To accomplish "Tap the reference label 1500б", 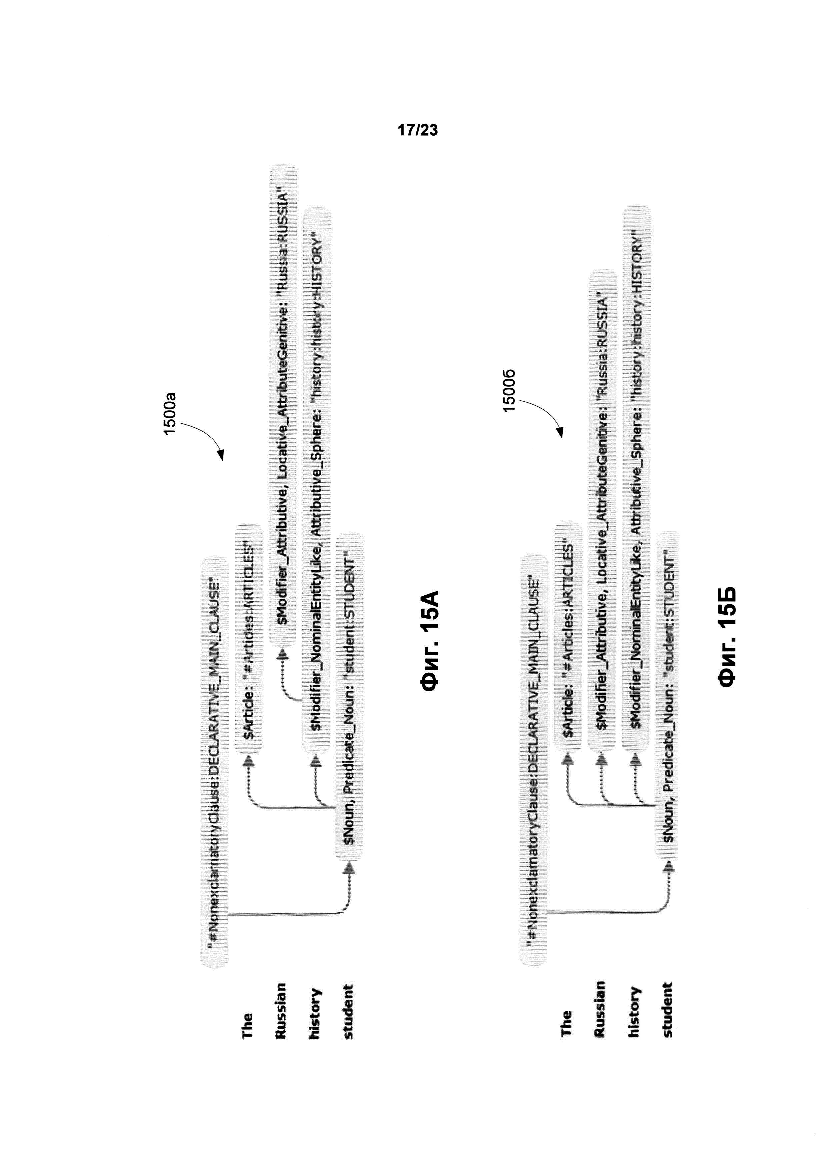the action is coord(509,389).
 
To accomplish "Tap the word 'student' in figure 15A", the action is coord(348,1011).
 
